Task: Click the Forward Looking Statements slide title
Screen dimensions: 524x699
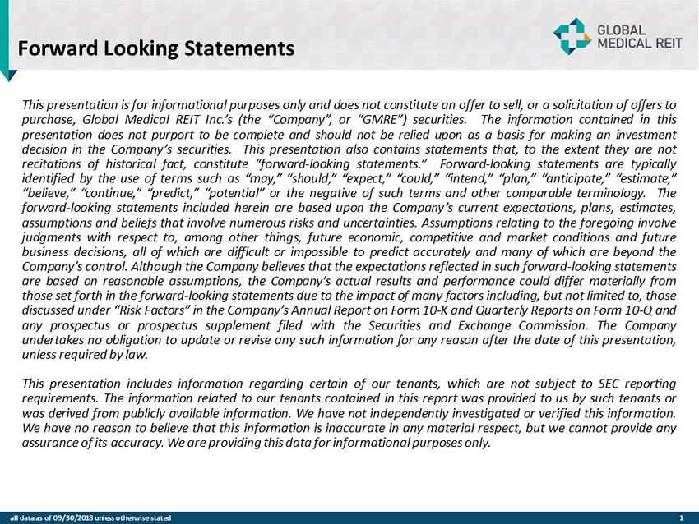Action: click(x=156, y=48)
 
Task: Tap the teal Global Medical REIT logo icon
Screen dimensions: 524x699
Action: click(x=572, y=36)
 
